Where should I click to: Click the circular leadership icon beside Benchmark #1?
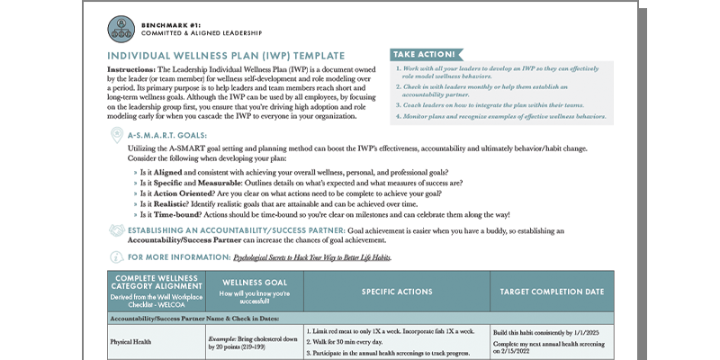point(121,29)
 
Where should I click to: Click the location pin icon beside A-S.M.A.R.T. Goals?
point(116,135)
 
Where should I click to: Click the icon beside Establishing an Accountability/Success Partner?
point(116,232)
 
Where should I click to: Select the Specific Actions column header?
point(397,292)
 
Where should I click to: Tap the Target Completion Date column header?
point(551,292)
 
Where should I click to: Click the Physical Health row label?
point(132,342)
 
